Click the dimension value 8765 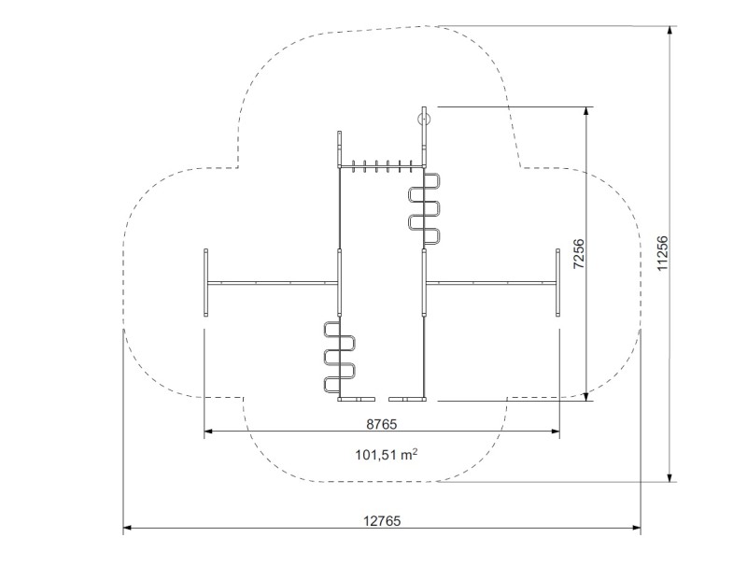click(381, 424)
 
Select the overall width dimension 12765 click(382, 521)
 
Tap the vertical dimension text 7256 click(578, 253)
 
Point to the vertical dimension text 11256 click(663, 253)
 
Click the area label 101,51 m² click(387, 454)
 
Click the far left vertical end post click(205, 282)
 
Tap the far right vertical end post click(557, 282)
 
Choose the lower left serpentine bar click(340, 358)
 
